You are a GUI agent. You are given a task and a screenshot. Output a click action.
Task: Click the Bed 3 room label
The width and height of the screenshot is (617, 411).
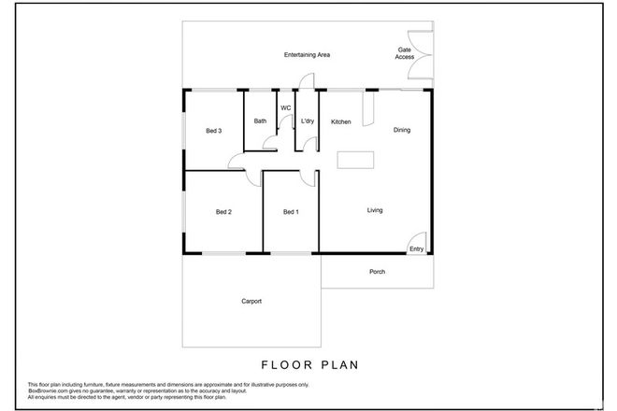[x=213, y=131]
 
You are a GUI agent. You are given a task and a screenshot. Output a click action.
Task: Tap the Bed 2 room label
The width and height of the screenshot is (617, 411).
[x=223, y=212]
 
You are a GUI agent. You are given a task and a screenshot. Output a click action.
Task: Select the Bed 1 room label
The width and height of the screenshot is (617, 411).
[x=291, y=212]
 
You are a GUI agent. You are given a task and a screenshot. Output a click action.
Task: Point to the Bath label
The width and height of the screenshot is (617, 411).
[x=261, y=121]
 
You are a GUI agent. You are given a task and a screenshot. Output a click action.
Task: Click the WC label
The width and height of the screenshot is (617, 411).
[x=286, y=107]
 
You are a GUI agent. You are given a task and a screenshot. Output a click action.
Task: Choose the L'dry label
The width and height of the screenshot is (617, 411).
[x=308, y=121]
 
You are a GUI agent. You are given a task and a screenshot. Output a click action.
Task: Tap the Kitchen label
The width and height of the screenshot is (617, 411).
[x=340, y=121]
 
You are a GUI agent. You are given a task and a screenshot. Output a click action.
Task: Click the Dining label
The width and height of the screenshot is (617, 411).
[x=402, y=130]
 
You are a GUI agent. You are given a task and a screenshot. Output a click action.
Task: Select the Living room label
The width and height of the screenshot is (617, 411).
[x=375, y=210]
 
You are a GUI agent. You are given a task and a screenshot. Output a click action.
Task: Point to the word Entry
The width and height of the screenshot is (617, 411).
[x=416, y=248]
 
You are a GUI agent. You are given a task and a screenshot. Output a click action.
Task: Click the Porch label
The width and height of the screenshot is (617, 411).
[x=377, y=272]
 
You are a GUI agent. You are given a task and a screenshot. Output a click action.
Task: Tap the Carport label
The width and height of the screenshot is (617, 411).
[x=251, y=301]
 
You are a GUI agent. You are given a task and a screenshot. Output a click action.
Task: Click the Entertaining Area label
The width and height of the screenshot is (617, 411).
[x=308, y=56]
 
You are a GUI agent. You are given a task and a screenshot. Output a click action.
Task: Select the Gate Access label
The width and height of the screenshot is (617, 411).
[x=404, y=54]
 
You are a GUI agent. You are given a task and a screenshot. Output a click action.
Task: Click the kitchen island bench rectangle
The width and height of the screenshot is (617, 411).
[x=355, y=160]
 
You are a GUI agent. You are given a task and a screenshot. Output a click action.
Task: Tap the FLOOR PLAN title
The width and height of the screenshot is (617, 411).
[x=308, y=364]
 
